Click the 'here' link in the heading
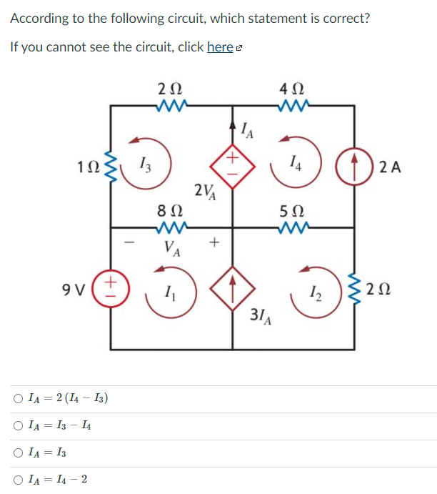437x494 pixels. click(220, 47)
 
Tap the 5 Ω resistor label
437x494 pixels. click(293, 212)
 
